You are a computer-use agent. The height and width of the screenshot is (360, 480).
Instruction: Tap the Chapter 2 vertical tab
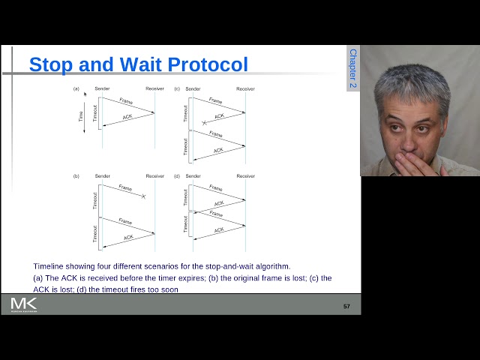(353, 69)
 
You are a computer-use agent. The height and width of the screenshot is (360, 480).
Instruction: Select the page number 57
(346, 306)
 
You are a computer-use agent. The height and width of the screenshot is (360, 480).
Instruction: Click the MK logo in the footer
(23, 304)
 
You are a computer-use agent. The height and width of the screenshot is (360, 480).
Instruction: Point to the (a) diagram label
(76, 89)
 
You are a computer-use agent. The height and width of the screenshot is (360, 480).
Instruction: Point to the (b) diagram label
(76, 176)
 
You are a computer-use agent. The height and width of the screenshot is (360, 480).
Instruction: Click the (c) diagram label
(177, 89)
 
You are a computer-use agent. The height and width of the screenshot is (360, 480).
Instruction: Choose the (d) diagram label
(177, 176)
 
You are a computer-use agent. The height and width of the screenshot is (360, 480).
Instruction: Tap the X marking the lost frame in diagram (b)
(143, 196)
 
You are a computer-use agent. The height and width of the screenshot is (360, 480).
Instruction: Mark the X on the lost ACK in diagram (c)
(204, 121)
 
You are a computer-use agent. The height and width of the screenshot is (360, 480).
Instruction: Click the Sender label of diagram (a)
(103, 89)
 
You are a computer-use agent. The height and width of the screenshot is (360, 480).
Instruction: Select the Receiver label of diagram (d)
(245, 176)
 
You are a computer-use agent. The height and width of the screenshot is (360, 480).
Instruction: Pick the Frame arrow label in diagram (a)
(125, 101)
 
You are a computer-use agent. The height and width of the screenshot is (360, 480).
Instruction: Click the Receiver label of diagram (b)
(154, 176)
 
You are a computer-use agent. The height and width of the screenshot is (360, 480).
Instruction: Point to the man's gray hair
(412, 82)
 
